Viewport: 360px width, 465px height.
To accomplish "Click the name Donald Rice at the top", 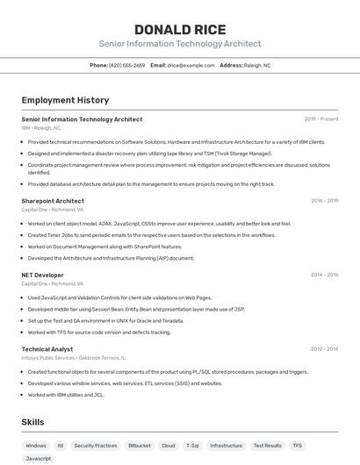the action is tap(179, 30).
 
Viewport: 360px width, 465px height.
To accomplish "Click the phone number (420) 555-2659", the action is tap(127, 65).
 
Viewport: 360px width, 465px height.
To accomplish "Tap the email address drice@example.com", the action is tap(191, 65).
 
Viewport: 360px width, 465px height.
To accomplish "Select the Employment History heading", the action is tap(65, 100).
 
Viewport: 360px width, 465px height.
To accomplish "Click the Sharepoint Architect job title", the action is tap(53, 201).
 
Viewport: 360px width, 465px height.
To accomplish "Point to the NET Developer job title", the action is tap(42, 275).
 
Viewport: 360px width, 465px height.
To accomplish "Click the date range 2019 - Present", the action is tap(320, 119).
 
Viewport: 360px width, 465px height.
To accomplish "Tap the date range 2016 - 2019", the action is tap(324, 201).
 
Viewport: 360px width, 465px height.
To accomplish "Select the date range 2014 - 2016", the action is tap(324, 275).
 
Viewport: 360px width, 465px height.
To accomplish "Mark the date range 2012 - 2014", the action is tap(324, 348).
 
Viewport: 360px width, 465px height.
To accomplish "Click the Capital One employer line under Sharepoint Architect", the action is tap(52, 210).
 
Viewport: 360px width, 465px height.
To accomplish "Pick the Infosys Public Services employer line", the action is tap(73, 357).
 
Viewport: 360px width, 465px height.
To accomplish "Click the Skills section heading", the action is tap(32, 421).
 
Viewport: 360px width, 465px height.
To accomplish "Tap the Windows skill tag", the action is tap(36, 446).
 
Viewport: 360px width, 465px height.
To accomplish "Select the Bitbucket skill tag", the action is tap(139, 446).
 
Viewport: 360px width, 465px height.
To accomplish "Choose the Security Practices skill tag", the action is tap(95, 446).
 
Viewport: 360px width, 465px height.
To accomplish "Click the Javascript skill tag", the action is tap(39, 458).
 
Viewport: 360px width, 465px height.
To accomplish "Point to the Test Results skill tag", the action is tap(267, 446).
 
